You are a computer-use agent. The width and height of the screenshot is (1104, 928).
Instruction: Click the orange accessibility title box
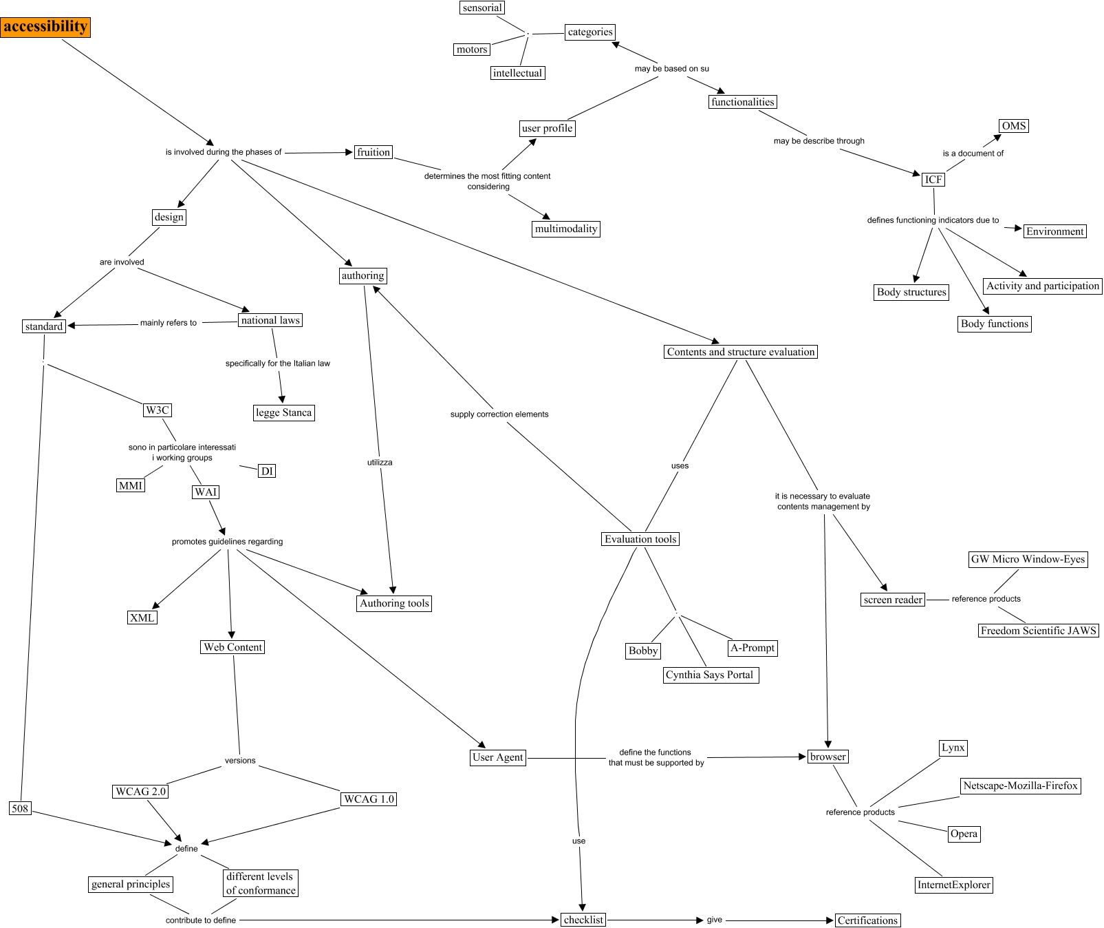[x=45, y=27]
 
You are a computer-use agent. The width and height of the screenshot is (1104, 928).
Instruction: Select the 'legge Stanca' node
[x=283, y=413]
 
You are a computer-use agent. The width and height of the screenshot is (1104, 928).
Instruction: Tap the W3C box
[x=157, y=410]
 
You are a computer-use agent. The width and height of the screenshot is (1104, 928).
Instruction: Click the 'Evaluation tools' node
[x=640, y=539]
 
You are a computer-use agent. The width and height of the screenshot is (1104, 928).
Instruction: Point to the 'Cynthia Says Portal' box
[x=709, y=675]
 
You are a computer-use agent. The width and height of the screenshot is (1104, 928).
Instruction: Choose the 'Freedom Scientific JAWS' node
[x=1038, y=631]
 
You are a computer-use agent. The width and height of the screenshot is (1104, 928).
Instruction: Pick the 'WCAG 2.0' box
[x=140, y=792]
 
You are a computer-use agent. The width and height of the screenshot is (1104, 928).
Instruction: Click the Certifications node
[x=867, y=920]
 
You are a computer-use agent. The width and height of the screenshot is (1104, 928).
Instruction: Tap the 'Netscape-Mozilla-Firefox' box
[x=1020, y=785]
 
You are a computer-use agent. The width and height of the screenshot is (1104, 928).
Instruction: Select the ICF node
[x=933, y=180]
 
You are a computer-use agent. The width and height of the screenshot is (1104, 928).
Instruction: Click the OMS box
[x=1014, y=126]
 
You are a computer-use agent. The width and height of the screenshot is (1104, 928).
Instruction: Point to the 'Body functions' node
[x=995, y=324]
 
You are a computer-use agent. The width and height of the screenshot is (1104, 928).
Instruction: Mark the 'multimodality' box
[x=566, y=229]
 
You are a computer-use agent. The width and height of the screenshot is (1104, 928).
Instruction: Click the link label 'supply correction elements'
[x=499, y=414]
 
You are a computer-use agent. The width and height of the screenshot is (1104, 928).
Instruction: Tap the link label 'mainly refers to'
[x=169, y=323]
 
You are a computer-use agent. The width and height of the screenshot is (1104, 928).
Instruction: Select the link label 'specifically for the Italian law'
[x=277, y=363]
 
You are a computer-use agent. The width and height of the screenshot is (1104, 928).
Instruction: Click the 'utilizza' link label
[x=380, y=463]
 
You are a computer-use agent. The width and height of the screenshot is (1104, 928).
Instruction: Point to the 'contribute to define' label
[x=201, y=920]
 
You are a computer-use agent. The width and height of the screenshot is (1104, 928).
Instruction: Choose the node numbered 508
[x=20, y=808]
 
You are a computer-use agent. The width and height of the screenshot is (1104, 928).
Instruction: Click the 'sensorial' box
[x=482, y=8]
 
